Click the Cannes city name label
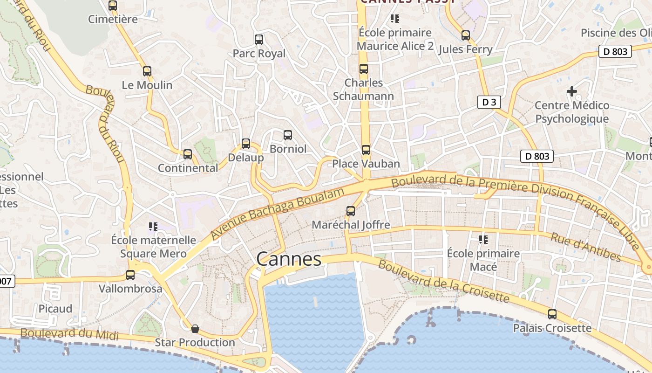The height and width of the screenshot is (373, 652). [x=289, y=259]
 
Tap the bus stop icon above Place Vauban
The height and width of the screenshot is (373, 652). [x=366, y=150]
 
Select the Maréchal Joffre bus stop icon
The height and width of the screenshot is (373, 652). [x=351, y=211]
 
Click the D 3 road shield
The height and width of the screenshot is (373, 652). [x=489, y=102]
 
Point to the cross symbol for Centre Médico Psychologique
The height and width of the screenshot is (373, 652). [x=572, y=91]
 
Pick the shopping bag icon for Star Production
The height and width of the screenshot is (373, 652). [x=195, y=329]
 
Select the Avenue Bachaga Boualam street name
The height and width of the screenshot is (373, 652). [x=278, y=213]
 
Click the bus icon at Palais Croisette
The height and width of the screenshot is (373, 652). [x=552, y=314]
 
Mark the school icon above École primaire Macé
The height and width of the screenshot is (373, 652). [x=483, y=240]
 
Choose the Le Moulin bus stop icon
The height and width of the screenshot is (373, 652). [x=147, y=71]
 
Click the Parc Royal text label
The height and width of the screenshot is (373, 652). [x=259, y=54]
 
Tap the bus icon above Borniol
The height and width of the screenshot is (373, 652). [x=288, y=135]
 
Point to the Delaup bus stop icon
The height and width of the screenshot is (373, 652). [x=246, y=144]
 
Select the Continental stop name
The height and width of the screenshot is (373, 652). [x=188, y=168]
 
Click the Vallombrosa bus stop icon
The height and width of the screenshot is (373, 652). [x=130, y=275]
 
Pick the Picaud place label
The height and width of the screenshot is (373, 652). [x=55, y=309]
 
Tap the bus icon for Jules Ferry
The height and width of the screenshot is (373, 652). [x=466, y=35]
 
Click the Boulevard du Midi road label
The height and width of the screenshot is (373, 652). [x=69, y=334]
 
